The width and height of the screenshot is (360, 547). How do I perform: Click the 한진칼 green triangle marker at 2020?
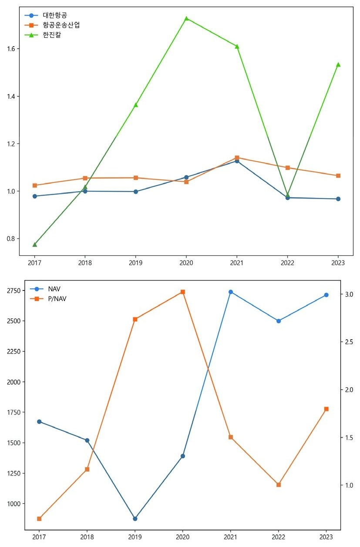pyautogui.click(x=186, y=18)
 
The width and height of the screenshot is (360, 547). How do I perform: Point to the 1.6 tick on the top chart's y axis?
pyautogui.click(x=11, y=49)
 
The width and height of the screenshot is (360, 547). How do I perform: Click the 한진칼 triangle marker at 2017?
pyautogui.click(x=35, y=244)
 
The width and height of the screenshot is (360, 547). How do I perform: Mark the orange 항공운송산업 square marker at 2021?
pyautogui.click(x=237, y=158)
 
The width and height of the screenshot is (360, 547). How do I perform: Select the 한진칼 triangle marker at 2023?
pyautogui.click(x=338, y=64)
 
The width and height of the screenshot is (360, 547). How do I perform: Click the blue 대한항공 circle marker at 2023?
pyautogui.click(x=338, y=199)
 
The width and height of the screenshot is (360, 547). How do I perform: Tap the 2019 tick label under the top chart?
pyautogui.click(x=135, y=263)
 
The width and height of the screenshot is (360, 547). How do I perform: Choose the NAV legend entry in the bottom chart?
pyautogui.click(x=54, y=289)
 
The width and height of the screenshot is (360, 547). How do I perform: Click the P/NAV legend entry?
pyautogui.click(x=57, y=299)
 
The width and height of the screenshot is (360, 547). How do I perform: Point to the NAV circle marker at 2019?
pyautogui.click(x=135, y=519)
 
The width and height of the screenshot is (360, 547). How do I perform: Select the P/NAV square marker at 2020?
pyautogui.click(x=183, y=292)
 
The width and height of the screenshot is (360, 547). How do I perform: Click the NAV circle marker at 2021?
pyautogui.click(x=231, y=292)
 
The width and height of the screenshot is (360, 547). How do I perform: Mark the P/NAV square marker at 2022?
pyautogui.click(x=279, y=485)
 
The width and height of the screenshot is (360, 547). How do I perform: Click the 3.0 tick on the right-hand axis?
pyautogui.click(x=349, y=295)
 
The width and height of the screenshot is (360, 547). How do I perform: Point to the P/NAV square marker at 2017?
pyautogui.click(x=39, y=519)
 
